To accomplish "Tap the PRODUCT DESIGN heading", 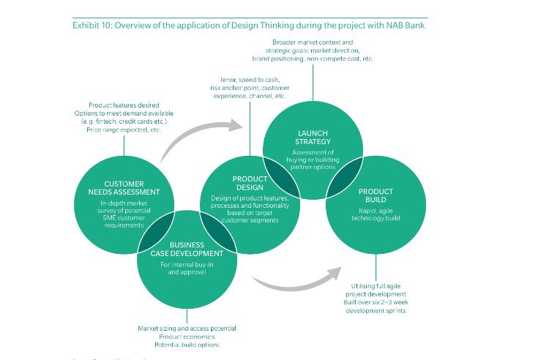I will [x=250, y=183].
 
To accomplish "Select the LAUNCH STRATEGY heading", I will [x=312, y=136].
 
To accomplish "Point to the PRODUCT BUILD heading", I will [x=376, y=195].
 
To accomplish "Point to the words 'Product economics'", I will [x=187, y=337].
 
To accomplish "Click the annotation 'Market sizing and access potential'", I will [x=187, y=329].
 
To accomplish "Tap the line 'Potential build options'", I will [x=187, y=345].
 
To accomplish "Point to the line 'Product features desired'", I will [x=124, y=105].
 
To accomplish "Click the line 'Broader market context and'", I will [x=312, y=42].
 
